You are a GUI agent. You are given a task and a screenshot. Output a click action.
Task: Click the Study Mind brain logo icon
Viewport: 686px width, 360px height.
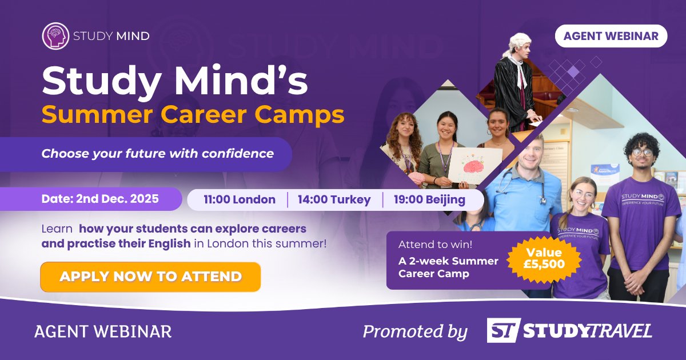pyautogui.click(x=55, y=35)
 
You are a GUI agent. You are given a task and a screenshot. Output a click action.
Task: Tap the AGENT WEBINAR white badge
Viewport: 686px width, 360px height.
pyautogui.click(x=611, y=36)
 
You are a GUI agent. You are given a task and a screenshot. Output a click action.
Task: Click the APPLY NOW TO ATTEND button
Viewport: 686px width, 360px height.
pyautogui.click(x=150, y=277)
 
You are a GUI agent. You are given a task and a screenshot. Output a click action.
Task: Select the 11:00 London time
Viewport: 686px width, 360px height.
pyautogui.click(x=240, y=200)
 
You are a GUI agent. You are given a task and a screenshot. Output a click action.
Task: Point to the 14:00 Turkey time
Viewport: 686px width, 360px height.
pyautogui.click(x=335, y=200)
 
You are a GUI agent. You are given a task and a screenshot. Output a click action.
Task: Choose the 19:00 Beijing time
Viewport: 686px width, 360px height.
pyautogui.click(x=429, y=200)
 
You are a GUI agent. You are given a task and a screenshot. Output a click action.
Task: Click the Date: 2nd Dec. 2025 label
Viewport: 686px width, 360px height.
pyautogui.click(x=100, y=199)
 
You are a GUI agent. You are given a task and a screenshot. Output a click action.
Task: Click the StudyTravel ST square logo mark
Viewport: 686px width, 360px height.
pyautogui.click(x=503, y=330)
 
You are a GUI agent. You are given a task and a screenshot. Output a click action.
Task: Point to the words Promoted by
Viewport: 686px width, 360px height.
pyautogui.click(x=415, y=331)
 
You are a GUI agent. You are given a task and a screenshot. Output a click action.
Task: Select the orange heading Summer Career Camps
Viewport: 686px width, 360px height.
pyautogui.click(x=193, y=115)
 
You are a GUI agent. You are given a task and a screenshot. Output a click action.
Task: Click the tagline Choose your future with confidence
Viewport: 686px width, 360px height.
pyautogui.click(x=157, y=153)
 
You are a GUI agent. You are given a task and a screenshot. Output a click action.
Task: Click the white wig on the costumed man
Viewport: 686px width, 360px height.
pyautogui.click(x=517, y=42)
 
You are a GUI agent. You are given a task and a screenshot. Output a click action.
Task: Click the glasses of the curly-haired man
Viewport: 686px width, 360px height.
pyautogui.click(x=643, y=152)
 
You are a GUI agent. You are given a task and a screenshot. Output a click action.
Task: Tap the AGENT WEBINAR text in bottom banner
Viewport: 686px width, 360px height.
pyautogui.click(x=103, y=331)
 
